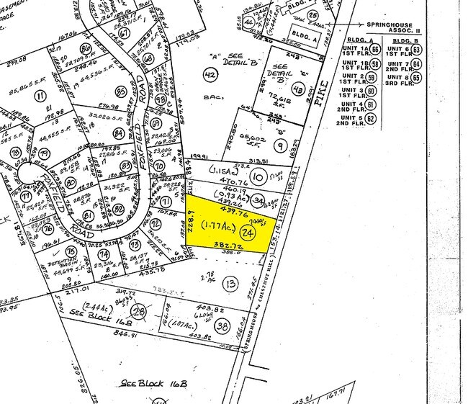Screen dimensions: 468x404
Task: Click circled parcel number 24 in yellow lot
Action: coord(248,233)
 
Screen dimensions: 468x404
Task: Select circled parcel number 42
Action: coord(210,76)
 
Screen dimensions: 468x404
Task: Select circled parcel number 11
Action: coord(40,95)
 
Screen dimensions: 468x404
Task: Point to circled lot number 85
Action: coord(120,91)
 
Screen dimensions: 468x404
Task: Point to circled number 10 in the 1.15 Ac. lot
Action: coord(256,176)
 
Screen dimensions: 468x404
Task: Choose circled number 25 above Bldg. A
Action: coord(312,14)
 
